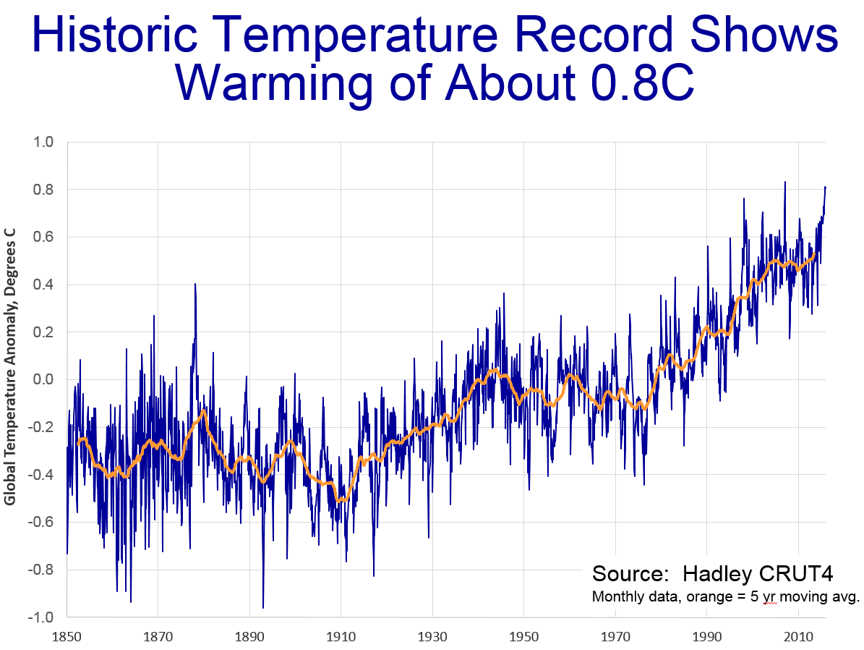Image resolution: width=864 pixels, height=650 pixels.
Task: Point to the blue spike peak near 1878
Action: [x=195, y=284]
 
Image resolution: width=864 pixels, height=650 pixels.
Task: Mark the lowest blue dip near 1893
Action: [x=263, y=607]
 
